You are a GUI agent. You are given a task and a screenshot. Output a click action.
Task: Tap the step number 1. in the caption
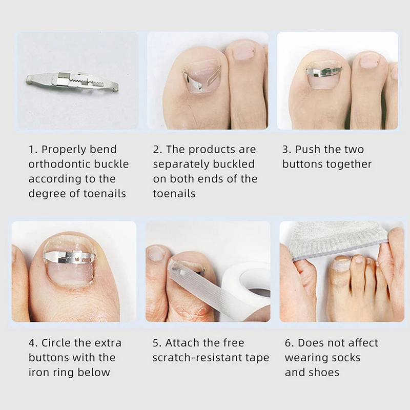coord(33,150)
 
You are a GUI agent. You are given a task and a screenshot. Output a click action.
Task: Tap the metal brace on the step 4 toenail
coord(69,256)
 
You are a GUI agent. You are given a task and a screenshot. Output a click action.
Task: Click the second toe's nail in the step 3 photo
coord(369,60)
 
